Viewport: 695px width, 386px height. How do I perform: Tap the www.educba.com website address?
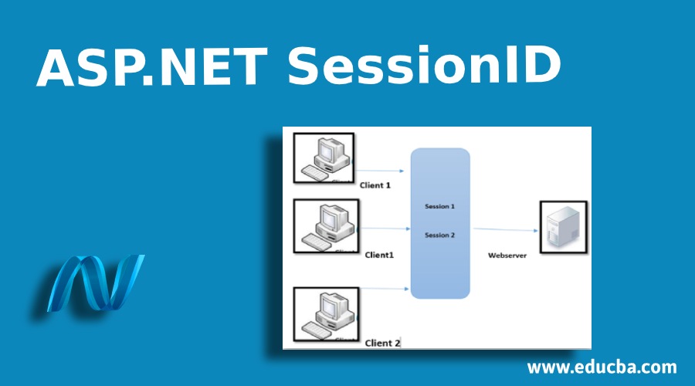[x=602, y=367]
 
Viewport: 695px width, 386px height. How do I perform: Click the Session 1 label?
[x=439, y=207]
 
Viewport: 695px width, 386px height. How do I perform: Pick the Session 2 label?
[x=439, y=235]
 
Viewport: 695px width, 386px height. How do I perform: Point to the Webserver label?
[x=507, y=255]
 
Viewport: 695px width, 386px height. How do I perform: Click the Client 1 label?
[x=375, y=185]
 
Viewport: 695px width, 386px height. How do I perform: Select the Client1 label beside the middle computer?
[x=380, y=255]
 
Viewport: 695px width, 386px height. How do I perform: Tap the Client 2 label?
[x=382, y=342]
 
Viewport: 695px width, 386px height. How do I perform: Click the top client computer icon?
[x=324, y=158]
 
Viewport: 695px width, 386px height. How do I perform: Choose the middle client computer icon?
[x=326, y=226]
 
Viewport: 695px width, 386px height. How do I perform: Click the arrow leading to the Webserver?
[x=506, y=229]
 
